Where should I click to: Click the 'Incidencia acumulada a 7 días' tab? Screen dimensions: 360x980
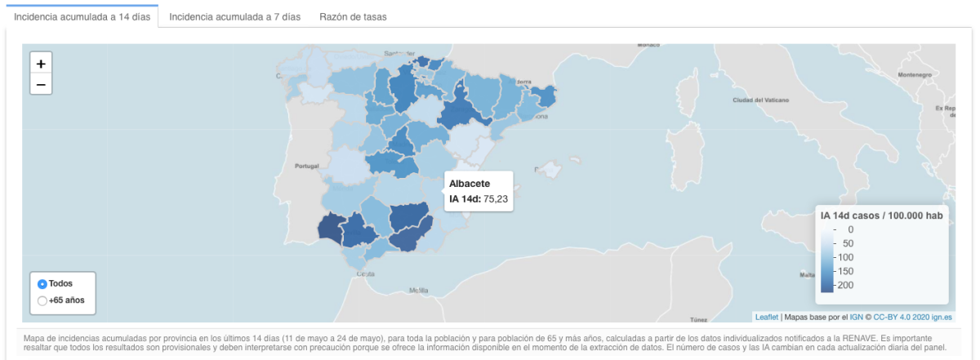coord(234,16)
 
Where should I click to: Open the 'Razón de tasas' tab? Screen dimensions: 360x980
coord(353,16)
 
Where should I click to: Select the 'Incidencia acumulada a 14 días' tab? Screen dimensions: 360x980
coord(82,16)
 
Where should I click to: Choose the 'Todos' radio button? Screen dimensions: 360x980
coord(42,284)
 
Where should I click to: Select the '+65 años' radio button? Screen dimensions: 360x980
coord(42,300)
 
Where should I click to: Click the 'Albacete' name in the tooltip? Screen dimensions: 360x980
coord(470,184)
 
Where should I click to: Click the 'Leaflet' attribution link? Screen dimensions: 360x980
coord(766,317)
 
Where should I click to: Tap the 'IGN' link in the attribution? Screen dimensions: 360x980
coord(857,317)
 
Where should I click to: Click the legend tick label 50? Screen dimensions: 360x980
coord(847,243)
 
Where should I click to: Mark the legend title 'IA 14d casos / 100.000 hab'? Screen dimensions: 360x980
coord(881,216)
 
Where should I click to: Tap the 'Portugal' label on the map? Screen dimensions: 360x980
coord(305,167)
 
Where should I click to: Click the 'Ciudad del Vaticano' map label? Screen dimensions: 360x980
coord(760,100)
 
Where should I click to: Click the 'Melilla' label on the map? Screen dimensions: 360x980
coord(419,290)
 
